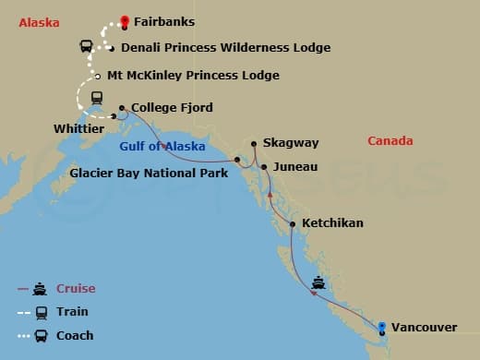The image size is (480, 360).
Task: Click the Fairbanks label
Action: [x=163, y=20]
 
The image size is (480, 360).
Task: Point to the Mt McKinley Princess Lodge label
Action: [x=193, y=76]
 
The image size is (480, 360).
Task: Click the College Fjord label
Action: [x=172, y=108]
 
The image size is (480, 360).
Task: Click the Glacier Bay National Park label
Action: [x=150, y=172]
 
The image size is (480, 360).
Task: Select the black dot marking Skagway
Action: [x=254, y=144]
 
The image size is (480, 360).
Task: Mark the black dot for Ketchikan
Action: [x=293, y=224]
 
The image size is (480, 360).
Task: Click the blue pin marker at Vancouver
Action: [x=381, y=326]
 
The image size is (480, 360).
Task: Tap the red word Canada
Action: [x=390, y=141]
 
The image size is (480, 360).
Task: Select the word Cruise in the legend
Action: [x=76, y=289]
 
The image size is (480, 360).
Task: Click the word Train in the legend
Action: [x=72, y=312]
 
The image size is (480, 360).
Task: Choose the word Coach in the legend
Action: [x=75, y=335]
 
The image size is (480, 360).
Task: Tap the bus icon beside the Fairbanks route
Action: [x=85, y=45]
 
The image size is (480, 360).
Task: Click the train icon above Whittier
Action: [x=95, y=97]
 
